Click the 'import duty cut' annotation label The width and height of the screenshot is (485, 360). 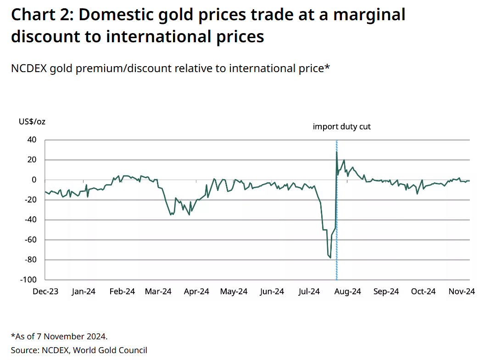click(341, 126)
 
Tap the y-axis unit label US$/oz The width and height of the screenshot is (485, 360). click(32, 122)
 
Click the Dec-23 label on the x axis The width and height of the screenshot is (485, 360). click(45, 292)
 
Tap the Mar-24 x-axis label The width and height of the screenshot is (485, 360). click(158, 292)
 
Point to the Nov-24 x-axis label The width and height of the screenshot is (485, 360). click(462, 292)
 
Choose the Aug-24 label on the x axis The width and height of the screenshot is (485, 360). click(348, 292)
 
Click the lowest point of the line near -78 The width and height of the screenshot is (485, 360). click(330, 258)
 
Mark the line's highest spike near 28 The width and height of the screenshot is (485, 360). click(336, 152)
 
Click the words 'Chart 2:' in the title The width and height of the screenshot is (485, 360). click(40, 15)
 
